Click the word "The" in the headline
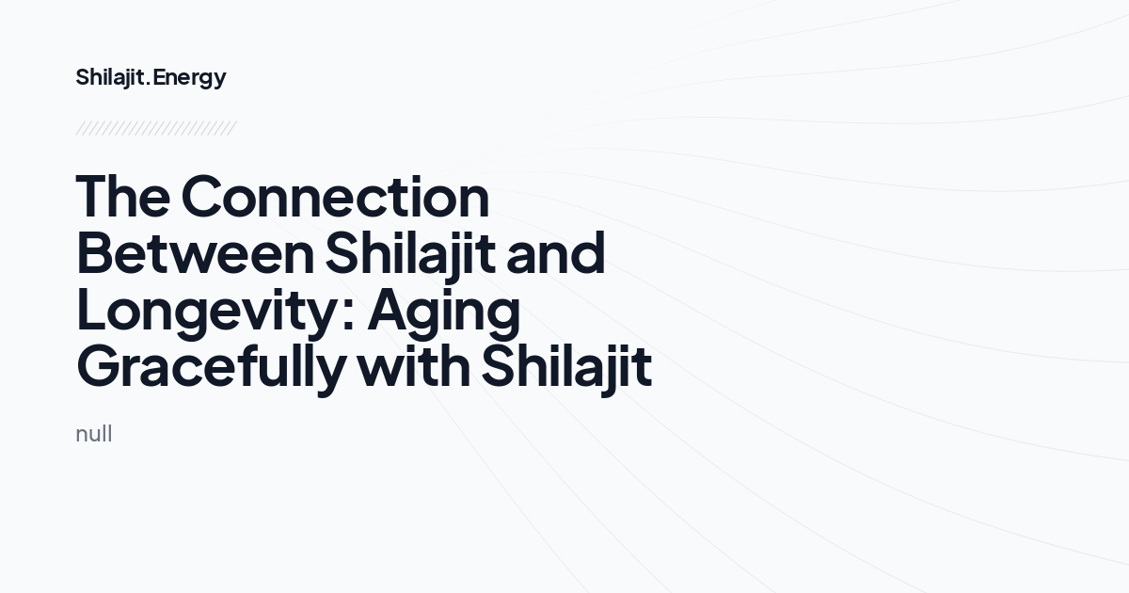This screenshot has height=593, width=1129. pos(122,197)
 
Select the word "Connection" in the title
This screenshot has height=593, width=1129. pos(335,197)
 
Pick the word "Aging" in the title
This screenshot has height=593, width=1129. pos(443,312)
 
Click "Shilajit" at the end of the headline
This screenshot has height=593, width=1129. pos(566,368)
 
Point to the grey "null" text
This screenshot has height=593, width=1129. pos(93,434)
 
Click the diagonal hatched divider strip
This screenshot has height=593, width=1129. pos(155,128)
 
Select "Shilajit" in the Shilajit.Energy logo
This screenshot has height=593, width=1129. pos(110,77)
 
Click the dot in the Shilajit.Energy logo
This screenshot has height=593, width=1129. pos(150,84)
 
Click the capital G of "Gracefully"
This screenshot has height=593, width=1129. pos(100,367)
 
